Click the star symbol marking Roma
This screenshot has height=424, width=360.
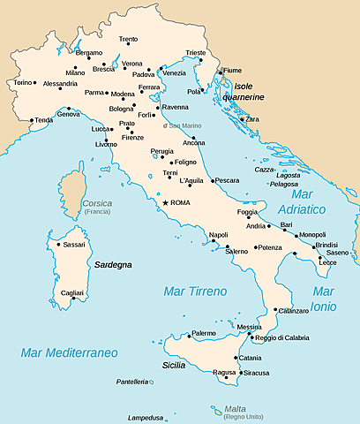[x=164, y=203]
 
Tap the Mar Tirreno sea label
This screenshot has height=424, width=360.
[x=195, y=291]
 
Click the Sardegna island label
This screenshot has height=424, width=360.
[x=113, y=264]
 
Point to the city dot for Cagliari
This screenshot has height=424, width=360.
[x=73, y=299]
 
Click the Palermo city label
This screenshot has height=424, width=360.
[x=204, y=333]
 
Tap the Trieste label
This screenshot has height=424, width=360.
[x=220, y=53]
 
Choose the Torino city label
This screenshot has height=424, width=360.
[x=22, y=82]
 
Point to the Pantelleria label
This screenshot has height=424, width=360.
[x=131, y=382]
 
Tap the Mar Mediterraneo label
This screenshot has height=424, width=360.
[x=70, y=352]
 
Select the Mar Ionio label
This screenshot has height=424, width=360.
[x=323, y=299]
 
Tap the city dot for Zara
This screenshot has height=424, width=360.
[x=243, y=118]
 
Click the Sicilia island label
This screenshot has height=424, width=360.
[x=173, y=365]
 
